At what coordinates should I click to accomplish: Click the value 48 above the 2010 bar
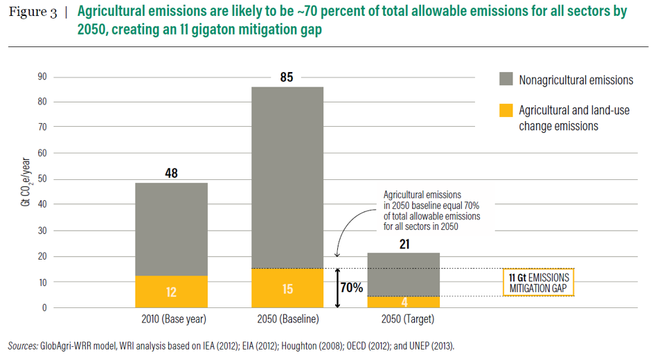point(171,173)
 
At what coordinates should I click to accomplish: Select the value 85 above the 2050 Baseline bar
point(287,78)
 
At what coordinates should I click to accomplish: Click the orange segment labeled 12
point(171,291)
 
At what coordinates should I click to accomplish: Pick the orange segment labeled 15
point(287,288)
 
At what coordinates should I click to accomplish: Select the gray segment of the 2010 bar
point(171,228)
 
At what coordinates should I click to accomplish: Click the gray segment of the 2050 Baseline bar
point(287,177)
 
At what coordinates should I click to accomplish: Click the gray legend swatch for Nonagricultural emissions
point(506,79)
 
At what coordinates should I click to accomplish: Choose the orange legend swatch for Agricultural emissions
point(506,109)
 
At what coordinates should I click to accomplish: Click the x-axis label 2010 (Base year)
point(171,320)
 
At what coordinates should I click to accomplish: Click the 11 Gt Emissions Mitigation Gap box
point(538,282)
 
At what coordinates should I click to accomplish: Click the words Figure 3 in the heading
point(33,14)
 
